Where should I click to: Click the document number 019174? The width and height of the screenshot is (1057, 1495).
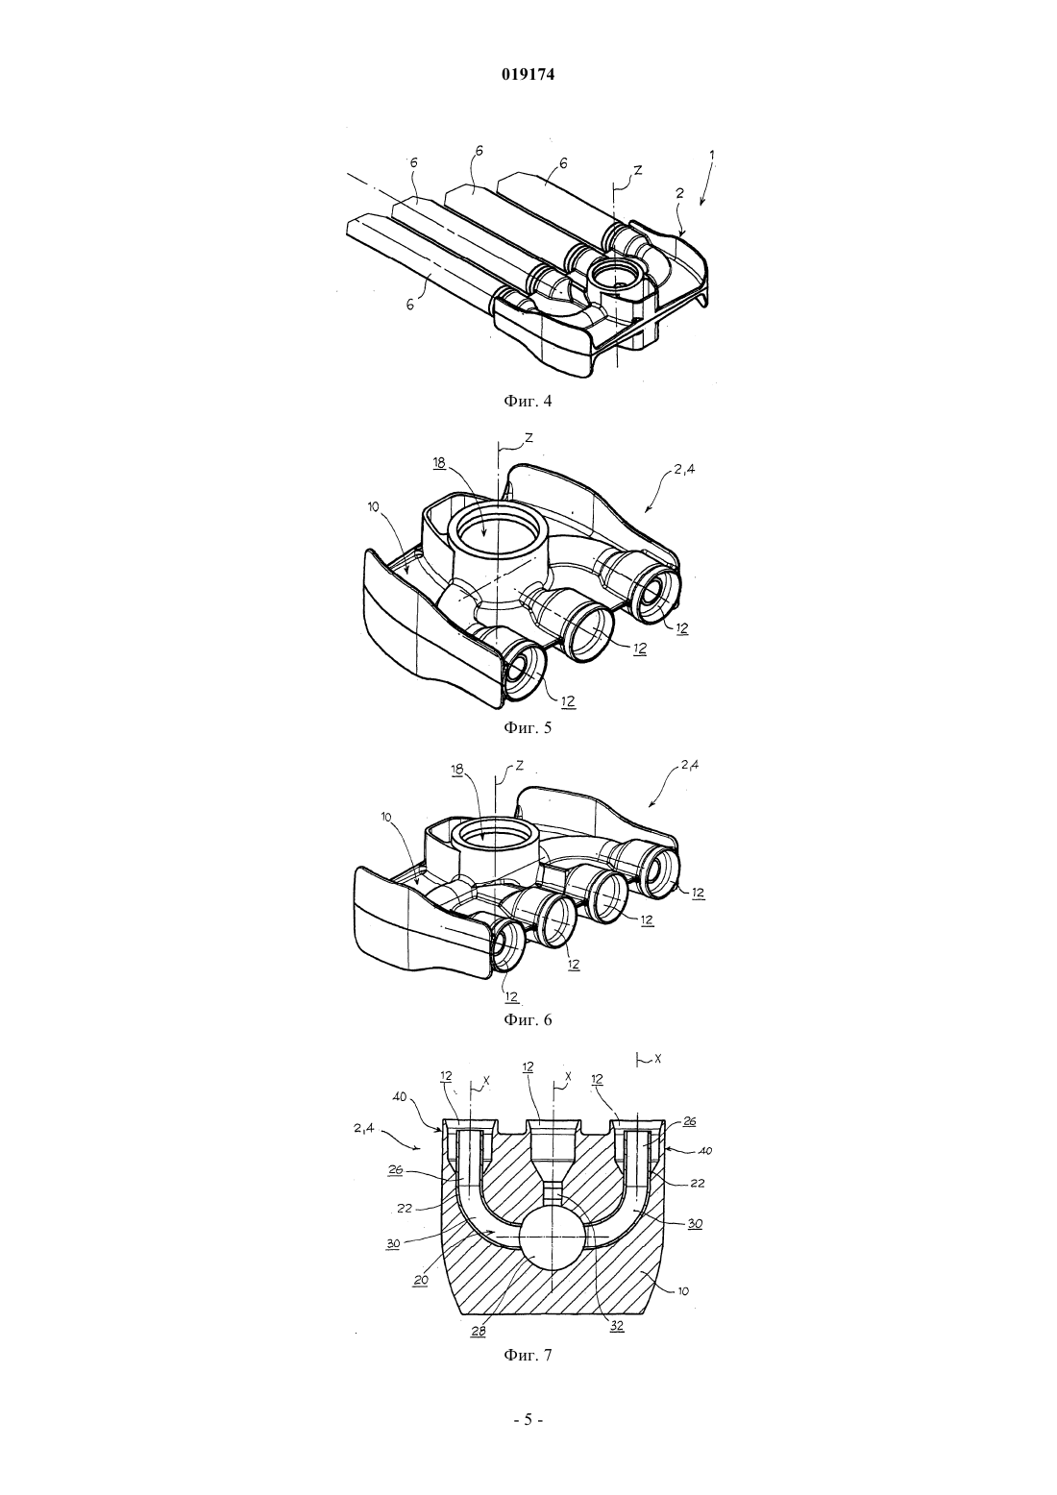528,75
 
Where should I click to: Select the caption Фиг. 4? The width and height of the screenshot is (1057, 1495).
528,401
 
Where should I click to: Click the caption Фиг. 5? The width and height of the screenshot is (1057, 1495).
528,726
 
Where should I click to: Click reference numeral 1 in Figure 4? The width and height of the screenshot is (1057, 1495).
712,154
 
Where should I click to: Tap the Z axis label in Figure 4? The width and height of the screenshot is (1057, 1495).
638,171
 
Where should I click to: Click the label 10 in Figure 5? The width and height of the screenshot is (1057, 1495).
373,507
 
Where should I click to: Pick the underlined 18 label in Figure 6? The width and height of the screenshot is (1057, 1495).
457,770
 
